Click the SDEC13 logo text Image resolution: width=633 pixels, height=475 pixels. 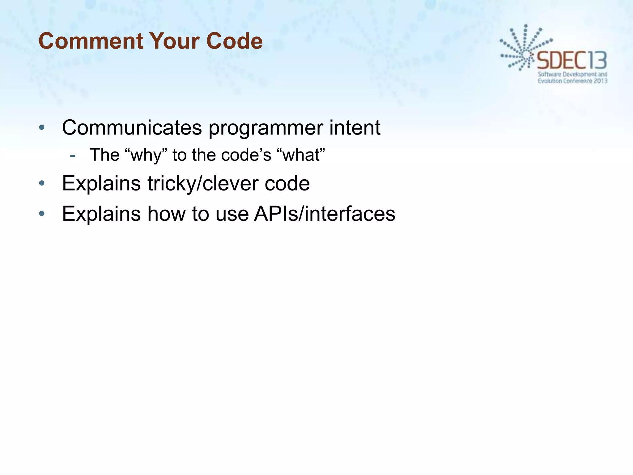572,61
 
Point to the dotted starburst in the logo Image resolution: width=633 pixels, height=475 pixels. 522,49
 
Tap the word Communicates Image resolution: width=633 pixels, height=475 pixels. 132,127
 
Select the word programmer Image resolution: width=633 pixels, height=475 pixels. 265,128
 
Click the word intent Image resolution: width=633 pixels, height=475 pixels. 355,127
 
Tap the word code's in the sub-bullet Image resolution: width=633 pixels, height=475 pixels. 246,155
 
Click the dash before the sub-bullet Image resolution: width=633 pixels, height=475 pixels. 73,156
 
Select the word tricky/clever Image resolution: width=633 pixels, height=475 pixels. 202,184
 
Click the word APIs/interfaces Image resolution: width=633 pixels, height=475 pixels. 325,214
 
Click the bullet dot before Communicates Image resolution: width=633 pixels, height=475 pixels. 42,127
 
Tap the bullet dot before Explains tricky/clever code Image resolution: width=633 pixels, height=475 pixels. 42,184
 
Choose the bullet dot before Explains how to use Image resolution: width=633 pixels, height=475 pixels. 42,214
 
